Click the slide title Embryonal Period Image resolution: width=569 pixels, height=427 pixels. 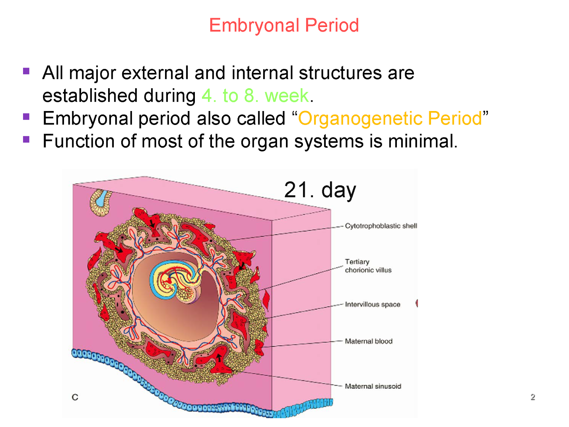click(x=284, y=26)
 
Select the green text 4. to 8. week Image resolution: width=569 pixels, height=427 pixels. click(x=255, y=96)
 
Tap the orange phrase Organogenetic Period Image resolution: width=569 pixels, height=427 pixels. click(x=390, y=118)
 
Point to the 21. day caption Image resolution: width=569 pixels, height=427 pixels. click(x=320, y=190)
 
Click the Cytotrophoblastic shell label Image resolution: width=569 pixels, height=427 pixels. click(x=381, y=226)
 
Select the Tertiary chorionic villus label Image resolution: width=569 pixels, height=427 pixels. click(x=368, y=266)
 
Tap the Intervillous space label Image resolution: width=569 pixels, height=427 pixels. click(x=372, y=305)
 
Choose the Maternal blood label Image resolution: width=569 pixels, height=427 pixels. click(x=368, y=341)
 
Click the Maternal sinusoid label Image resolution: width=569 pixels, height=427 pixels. click(x=373, y=386)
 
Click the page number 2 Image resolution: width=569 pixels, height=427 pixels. click(x=532, y=397)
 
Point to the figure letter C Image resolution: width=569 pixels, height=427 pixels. click(x=75, y=397)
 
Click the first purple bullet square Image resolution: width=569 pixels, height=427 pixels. click(x=26, y=71)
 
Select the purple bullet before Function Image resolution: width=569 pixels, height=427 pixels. click(x=26, y=139)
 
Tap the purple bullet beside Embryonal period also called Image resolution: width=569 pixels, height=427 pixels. click(x=26, y=117)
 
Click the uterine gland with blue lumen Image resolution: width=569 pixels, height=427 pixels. click(x=101, y=202)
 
